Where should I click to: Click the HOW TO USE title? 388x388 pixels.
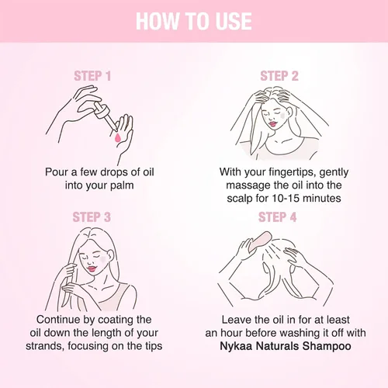coord(194,21)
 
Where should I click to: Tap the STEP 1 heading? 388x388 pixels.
coord(92,76)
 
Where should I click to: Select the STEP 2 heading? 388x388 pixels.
coord(279,76)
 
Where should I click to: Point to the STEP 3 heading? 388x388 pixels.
coord(92,217)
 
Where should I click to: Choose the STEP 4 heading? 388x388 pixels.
coord(277,217)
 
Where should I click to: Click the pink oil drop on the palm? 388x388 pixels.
coord(118,138)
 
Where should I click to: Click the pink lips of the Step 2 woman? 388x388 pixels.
coord(272,124)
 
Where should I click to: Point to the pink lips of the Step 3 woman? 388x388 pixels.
coord(92,268)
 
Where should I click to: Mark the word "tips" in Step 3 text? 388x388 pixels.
coord(154,347)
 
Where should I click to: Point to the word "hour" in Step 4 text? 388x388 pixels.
coord(231,333)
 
